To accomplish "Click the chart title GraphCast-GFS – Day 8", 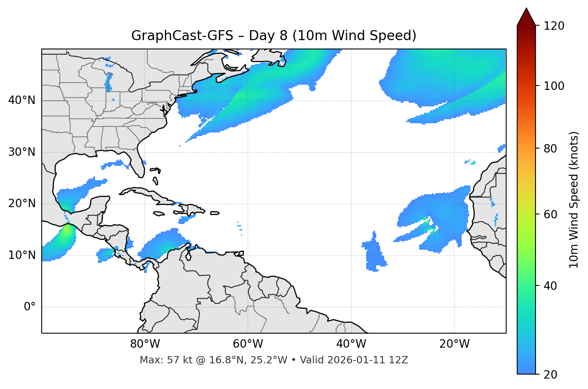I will (274, 36).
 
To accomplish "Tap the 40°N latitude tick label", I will (22, 100).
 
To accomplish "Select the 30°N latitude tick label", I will (22, 152).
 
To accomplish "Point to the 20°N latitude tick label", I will (22, 204).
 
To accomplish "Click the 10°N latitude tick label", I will (22, 255).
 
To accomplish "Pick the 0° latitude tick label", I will (30, 307).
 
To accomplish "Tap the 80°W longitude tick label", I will (145, 344).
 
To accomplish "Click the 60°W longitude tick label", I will (248, 344).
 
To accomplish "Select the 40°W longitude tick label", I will (351, 344).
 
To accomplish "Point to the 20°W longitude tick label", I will (454, 344).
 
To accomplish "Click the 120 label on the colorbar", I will (554, 26).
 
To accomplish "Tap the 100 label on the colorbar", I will (554, 86).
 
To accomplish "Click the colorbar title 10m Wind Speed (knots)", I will (574, 200).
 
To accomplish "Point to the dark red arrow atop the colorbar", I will (526, 17).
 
